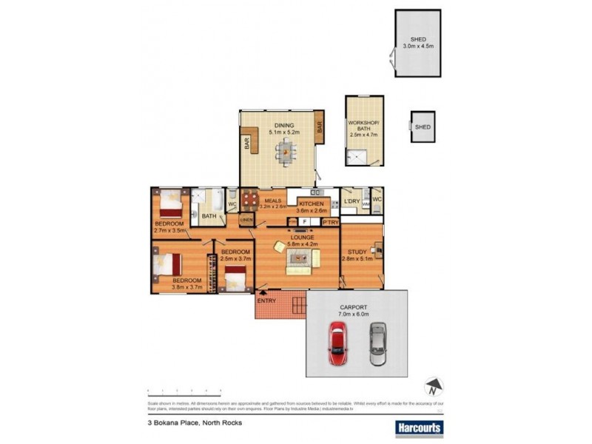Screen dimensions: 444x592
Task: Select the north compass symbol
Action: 432,387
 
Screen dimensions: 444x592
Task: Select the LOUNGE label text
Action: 302,237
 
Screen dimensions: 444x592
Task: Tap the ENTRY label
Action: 266,300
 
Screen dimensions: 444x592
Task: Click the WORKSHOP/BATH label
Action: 363,125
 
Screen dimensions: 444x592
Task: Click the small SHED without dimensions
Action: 423,127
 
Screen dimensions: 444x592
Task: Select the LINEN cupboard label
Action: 246,220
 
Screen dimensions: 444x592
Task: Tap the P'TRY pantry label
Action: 330,221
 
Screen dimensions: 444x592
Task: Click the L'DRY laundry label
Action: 351,201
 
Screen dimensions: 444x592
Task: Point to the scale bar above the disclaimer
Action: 185,390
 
